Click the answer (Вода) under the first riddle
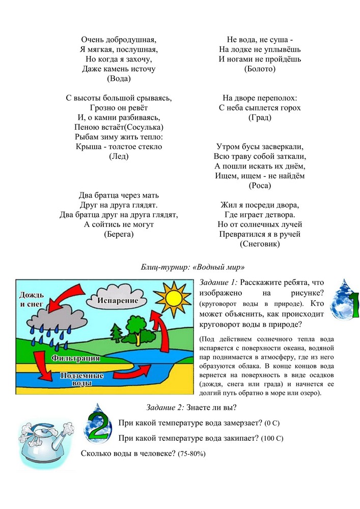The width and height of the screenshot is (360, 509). pos(119,79)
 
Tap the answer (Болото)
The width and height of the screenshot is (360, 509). pos(260,69)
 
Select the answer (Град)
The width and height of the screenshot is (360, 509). pos(260,118)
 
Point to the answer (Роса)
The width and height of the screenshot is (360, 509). pos(260,186)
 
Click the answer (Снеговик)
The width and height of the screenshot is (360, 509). pos(260,244)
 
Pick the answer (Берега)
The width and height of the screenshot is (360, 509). pos(119,234)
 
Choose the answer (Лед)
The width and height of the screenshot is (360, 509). pos(119,157)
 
